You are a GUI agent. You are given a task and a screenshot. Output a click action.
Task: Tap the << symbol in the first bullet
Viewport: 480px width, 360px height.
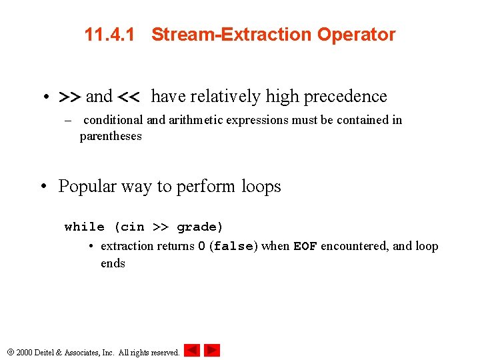click(x=128, y=97)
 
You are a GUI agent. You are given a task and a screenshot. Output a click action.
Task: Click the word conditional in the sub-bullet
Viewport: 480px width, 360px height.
click(x=113, y=120)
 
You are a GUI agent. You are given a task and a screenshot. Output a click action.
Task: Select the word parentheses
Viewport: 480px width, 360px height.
click(x=111, y=136)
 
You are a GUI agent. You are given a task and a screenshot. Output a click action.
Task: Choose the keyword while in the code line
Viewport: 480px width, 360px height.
click(x=85, y=227)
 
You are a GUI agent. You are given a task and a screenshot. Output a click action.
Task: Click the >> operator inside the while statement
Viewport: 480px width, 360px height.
click(x=161, y=227)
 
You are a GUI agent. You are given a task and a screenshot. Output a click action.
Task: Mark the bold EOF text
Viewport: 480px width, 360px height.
click(x=305, y=247)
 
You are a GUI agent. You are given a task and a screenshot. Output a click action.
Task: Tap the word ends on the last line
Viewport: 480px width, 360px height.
click(x=113, y=263)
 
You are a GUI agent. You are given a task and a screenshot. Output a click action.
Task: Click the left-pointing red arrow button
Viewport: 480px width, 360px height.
click(x=192, y=350)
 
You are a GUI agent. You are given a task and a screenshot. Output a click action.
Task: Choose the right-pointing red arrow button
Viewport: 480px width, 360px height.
click(x=212, y=350)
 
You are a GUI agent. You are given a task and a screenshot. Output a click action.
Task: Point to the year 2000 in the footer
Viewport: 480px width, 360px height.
click(x=24, y=352)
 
